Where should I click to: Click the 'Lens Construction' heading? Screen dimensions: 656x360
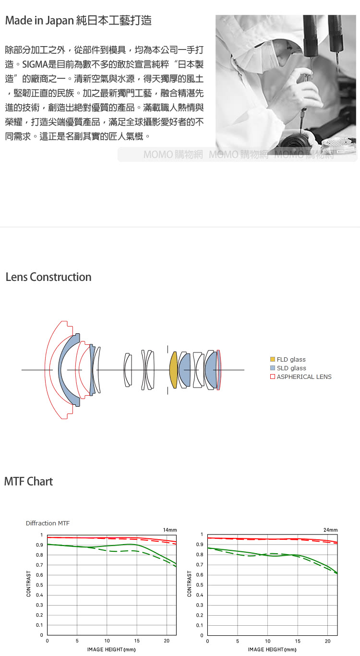(x=48, y=277)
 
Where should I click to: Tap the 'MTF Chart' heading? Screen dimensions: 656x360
(x=28, y=481)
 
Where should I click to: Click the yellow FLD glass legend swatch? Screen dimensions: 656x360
(x=273, y=359)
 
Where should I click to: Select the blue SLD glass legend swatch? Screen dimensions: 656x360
(x=273, y=368)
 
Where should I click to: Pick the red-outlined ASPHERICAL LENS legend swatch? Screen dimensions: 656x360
(x=273, y=377)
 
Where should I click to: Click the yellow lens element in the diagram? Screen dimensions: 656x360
(x=173, y=370)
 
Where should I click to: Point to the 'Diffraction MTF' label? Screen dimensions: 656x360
(x=48, y=523)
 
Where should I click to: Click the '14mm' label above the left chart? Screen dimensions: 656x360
(x=170, y=530)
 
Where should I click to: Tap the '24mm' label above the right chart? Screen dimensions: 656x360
(x=330, y=530)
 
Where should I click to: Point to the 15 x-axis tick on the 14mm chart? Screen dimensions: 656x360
(x=137, y=641)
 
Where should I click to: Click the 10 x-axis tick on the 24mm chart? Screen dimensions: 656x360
(x=268, y=641)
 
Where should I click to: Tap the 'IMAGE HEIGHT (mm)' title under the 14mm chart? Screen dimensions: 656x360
(x=111, y=649)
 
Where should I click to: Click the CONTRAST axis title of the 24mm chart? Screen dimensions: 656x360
(x=190, y=584)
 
